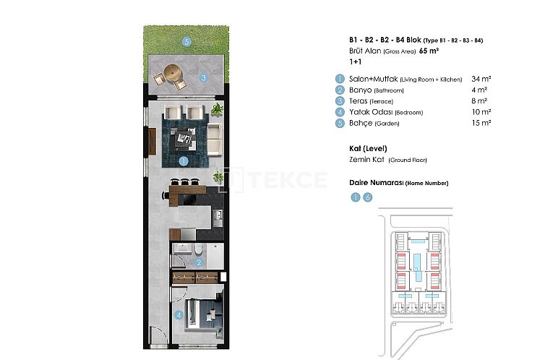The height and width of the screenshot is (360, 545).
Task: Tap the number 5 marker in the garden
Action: pyautogui.click(x=186, y=42)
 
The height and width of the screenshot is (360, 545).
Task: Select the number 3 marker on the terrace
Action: pyautogui.click(x=205, y=78)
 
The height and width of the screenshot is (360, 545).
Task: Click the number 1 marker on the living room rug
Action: pyautogui.click(x=184, y=162)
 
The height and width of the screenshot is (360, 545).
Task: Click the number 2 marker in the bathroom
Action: pyautogui.click(x=199, y=262)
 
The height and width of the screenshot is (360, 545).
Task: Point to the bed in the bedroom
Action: pyautogui.click(x=199, y=312)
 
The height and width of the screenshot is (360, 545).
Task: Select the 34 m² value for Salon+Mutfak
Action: pyautogui.click(x=481, y=79)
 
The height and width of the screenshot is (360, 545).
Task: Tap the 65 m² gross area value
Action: pyautogui.click(x=429, y=51)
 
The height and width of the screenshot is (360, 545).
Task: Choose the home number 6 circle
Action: pyautogui.click(x=368, y=197)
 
